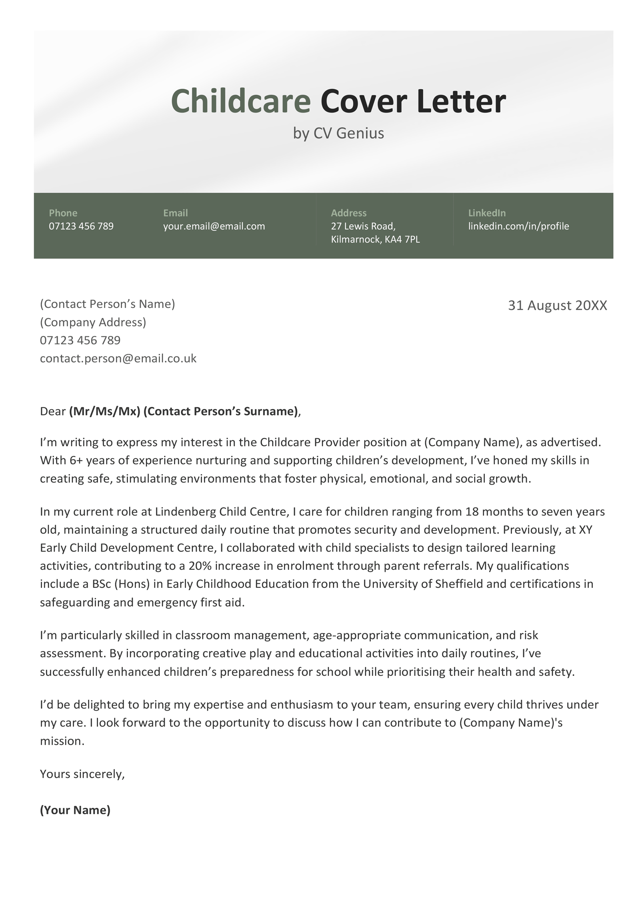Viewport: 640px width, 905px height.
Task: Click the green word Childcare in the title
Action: click(x=240, y=101)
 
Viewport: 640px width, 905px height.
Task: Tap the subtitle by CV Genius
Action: click(x=338, y=133)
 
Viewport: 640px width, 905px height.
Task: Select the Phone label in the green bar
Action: click(x=63, y=213)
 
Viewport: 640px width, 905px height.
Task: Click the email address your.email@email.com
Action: click(x=214, y=226)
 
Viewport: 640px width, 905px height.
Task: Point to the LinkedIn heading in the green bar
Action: click(x=486, y=213)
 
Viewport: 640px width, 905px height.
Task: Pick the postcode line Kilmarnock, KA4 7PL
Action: click(x=375, y=240)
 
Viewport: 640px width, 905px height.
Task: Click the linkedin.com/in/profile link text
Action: click(x=518, y=226)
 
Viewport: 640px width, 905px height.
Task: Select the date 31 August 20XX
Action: click(x=557, y=306)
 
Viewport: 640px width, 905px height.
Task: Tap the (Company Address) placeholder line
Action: click(x=93, y=322)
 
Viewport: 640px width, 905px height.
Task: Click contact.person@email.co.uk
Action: click(x=118, y=358)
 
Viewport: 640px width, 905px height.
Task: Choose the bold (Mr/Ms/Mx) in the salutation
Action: click(x=104, y=412)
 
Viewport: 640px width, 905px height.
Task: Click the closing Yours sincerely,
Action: click(x=82, y=774)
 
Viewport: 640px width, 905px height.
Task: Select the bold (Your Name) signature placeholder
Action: click(x=75, y=810)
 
